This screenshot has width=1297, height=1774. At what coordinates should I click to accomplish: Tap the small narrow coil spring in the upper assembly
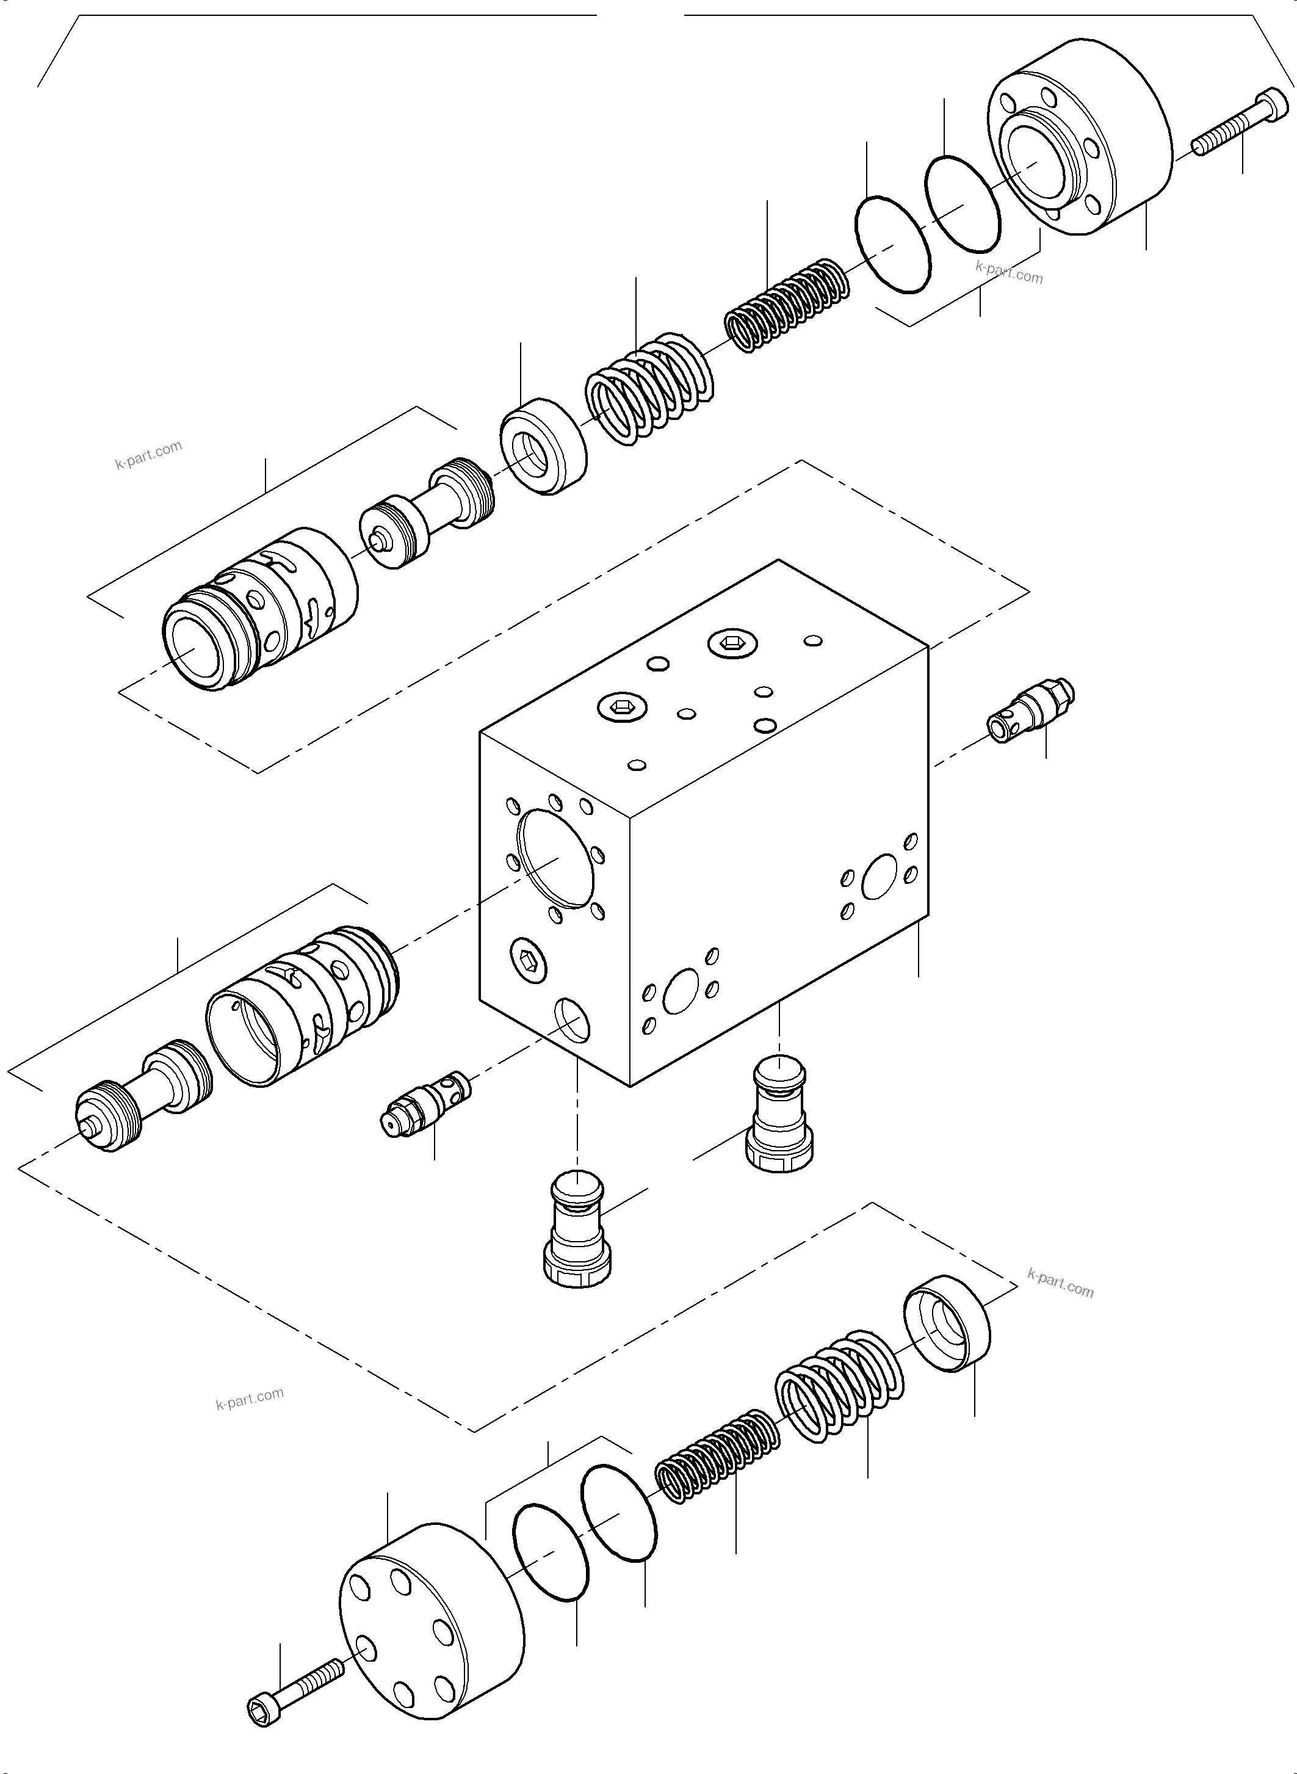786,305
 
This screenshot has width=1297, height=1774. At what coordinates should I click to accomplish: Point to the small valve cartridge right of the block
1031,710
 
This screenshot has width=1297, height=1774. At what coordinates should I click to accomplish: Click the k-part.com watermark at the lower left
250,1399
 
